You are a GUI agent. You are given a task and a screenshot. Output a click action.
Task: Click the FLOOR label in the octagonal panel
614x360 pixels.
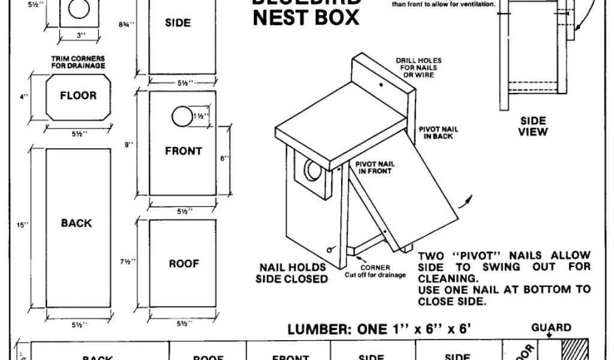[x=78, y=95]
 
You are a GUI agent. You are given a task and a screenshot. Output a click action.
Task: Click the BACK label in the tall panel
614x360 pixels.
[x=76, y=223]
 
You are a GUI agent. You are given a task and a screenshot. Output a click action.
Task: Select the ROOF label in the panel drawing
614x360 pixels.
[x=184, y=263]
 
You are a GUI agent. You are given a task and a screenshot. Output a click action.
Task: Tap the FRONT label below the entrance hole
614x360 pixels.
[x=183, y=151]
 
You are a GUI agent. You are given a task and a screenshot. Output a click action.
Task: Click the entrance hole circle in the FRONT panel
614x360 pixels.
[x=180, y=116]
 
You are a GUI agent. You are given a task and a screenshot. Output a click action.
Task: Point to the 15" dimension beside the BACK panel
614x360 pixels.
[x=22, y=225]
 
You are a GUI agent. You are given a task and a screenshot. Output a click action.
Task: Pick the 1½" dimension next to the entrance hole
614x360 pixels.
[x=201, y=116]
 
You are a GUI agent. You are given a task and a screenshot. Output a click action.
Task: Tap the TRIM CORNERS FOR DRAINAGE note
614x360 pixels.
[x=79, y=62]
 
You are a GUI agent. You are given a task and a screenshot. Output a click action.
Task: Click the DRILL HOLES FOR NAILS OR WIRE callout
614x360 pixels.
[x=419, y=68]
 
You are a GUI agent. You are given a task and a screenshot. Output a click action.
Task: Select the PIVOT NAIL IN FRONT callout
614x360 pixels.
[x=374, y=167]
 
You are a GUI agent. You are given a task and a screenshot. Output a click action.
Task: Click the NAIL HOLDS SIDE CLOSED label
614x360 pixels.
[x=292, y=273]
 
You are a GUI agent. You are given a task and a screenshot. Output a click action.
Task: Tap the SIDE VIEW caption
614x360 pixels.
[x=533, y=126]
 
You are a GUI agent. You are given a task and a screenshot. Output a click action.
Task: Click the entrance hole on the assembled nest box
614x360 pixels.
[x=312, y=172]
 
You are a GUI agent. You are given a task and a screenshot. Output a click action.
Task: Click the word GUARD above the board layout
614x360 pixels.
[x=551, y=328]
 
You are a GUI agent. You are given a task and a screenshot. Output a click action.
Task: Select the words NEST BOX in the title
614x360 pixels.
[x=306, y=17]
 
